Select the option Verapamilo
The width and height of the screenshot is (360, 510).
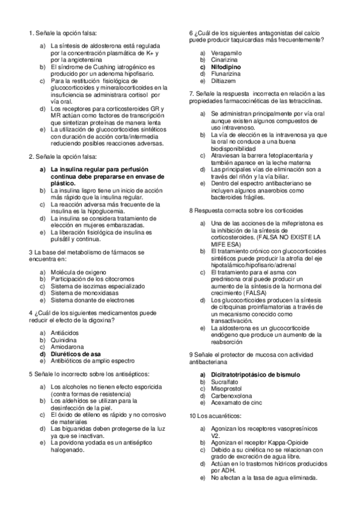[x=226, y=54]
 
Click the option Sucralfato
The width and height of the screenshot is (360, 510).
[x=225, y=381]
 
